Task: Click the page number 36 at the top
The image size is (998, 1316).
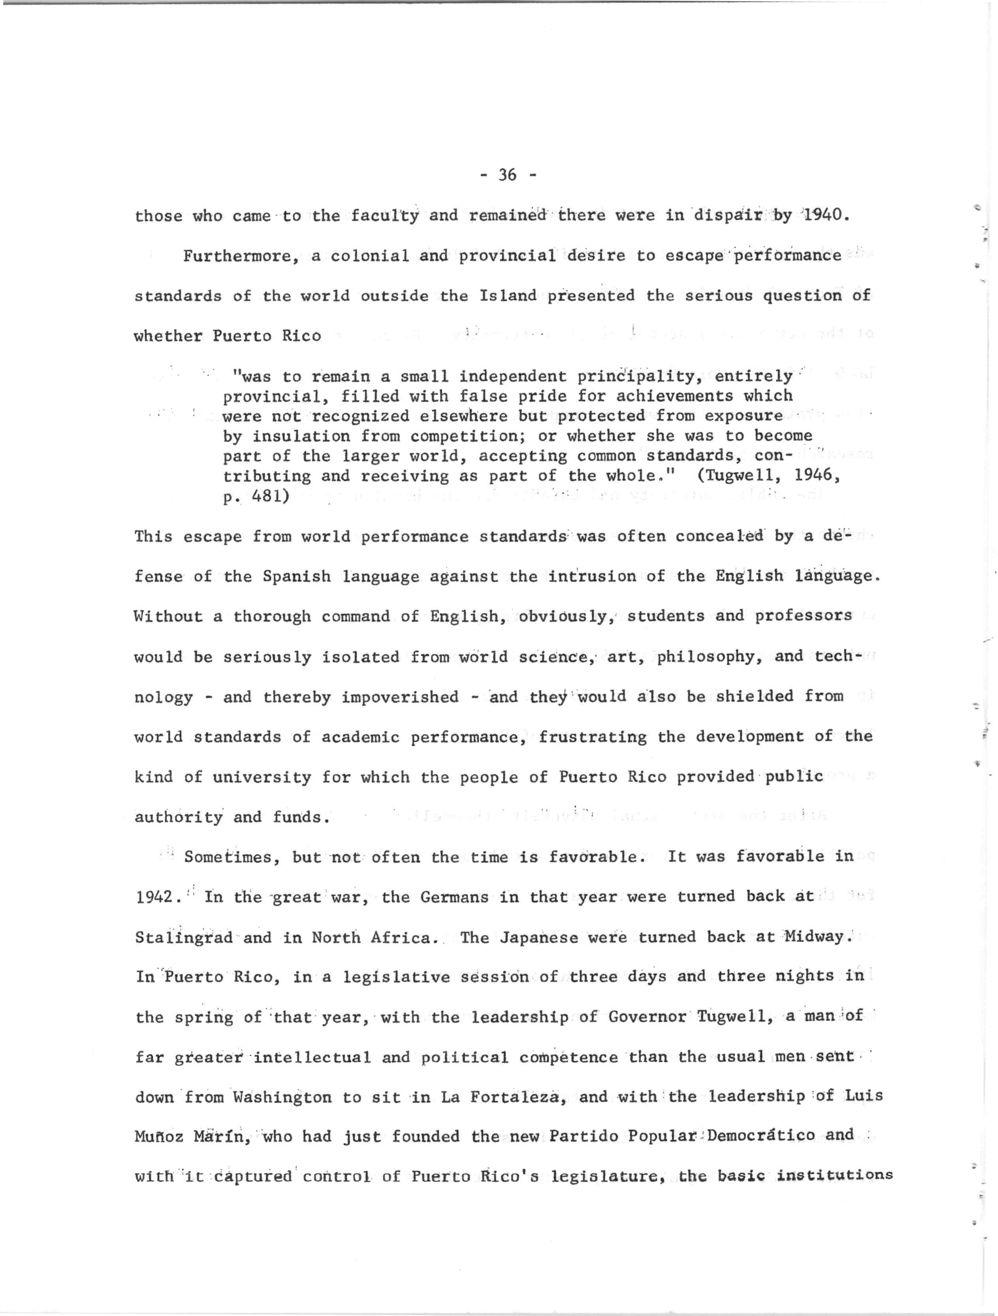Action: pyautogui.click(x=507, y=174)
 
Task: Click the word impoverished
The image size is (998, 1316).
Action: pyautogui.click(x=400, y=697)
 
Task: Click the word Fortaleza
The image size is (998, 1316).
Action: pyautogui.click(x=515, y=1097)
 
